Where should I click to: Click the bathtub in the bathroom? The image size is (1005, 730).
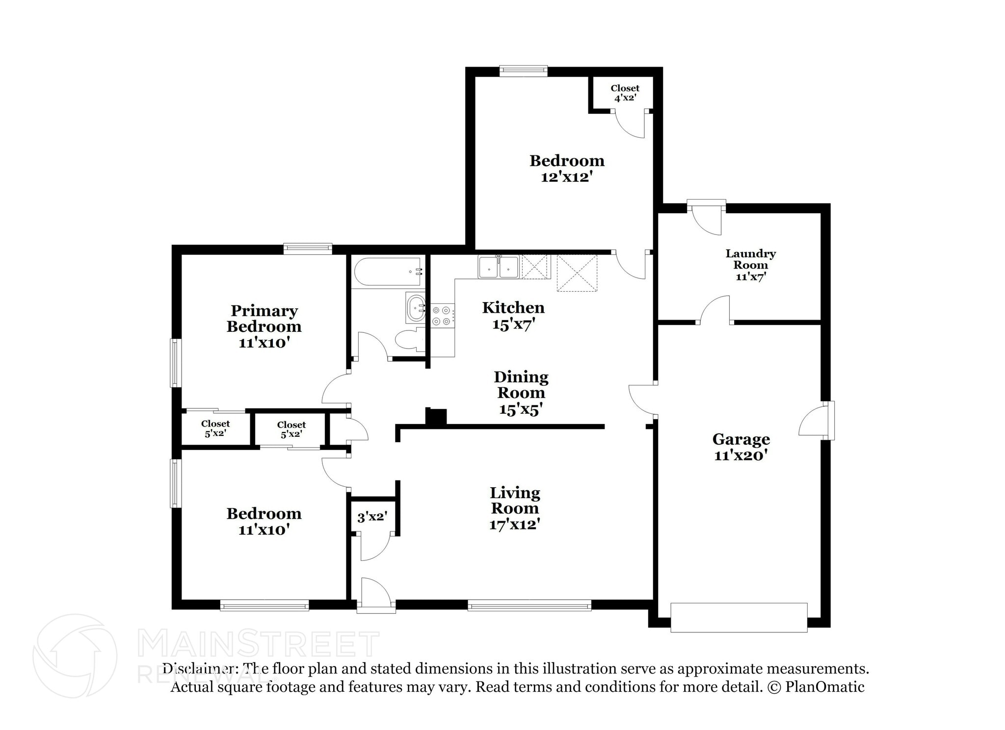pyautogui.click(x=387, y=272)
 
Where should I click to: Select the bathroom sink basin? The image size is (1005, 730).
pyautogui.click(x=416, y=308)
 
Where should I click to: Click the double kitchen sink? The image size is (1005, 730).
pyautogui.click(x=499, y=267)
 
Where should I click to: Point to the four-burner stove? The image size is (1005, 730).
pyautogui.click(x=442, y=316)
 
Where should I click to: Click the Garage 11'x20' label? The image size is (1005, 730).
pyautogui.click(x=741, y=447)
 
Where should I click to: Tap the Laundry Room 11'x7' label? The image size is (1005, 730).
pyautogui.click(x=750, y=265)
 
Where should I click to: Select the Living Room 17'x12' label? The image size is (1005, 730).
pyautogui.click(x=515, y=508)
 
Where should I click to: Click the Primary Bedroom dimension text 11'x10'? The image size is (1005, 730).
pyautogui.click(x=264, y=343)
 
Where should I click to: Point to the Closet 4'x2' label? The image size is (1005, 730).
pyautogui.click(x=625, y=93)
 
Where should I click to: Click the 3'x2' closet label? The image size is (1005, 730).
pyautogui.click(x=372, y=517)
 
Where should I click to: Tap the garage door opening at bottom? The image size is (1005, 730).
pyautogui.click(x=739, y=617)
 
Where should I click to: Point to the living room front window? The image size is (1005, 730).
pyautogui.click(x=529, y=606)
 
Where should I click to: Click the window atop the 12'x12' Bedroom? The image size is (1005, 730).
pyautogui.click(x=523, y=71)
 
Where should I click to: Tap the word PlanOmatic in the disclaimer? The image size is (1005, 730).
pyautogui.click(x=824, y=687)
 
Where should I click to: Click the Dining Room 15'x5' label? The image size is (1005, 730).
pyautogui.click(x=521, y=393)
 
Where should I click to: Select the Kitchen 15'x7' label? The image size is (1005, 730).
pyautogui.click(x=513, y=315)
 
